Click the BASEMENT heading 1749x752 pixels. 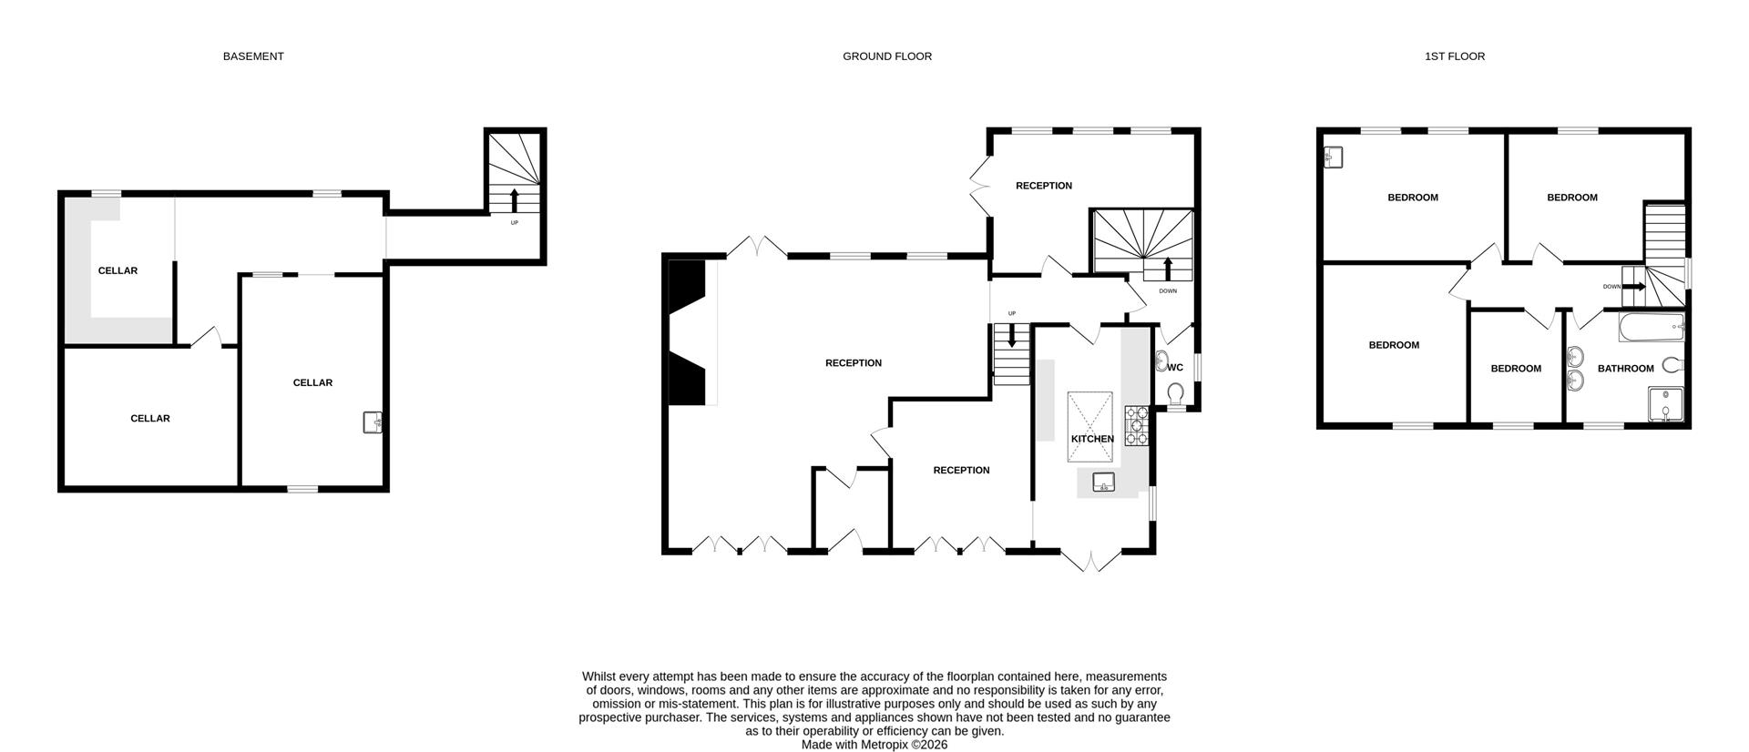(253, 56)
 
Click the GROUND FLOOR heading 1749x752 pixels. (886, 56)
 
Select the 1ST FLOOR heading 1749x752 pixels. (1454, 56)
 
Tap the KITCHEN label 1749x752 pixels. (1091, 439)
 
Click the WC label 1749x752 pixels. (1175, 368)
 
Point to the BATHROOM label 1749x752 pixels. (1625, 369)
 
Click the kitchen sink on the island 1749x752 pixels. (1104, 482)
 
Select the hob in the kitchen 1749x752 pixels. (1137, 425)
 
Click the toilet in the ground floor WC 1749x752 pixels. (1175, 393)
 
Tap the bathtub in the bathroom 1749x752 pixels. (1651, 327)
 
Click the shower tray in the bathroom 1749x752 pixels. (1665, 405)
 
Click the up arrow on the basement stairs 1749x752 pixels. (514, 200)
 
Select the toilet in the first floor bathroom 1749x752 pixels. (1672, 365)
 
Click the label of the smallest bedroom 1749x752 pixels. (1516, 369)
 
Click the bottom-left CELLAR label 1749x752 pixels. (150, 419)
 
